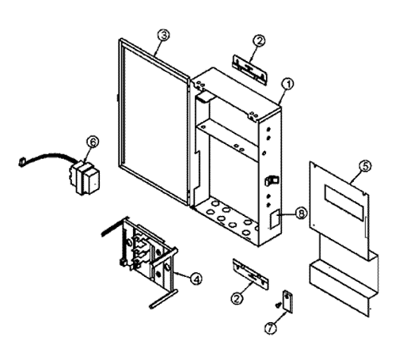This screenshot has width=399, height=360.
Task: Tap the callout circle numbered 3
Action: click(164, 35)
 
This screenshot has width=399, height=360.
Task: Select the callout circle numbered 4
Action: click(196, 279)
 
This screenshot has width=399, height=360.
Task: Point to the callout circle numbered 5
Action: click(365, 166)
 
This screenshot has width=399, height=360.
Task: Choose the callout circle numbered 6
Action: click(93, 142)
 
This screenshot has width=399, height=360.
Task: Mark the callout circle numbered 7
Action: click(271, 328)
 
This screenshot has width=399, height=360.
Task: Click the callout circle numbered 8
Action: click(301, 213)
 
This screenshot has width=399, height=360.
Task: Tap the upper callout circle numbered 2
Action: click(259, 41)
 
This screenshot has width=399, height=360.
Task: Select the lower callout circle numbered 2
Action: click(237, 298)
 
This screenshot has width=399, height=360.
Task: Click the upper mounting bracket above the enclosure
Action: click(249, 70)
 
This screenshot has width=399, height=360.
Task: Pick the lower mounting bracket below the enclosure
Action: click(250, 275)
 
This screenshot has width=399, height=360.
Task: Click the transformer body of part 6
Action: click(85, 178)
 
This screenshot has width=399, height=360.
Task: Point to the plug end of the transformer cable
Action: click(21, 161)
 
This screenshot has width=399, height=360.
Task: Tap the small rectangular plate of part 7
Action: click(288, 301)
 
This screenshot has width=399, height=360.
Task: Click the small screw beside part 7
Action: click(277, 305)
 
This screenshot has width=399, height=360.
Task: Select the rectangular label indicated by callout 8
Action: click(274, 218)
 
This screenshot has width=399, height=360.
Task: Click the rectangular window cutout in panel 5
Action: click(344, 202)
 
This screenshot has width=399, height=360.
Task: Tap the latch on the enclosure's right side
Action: click(272, 180)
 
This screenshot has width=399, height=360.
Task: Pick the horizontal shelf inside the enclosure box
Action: click(227, 141)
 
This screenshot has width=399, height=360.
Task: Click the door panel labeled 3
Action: click(154, 121)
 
